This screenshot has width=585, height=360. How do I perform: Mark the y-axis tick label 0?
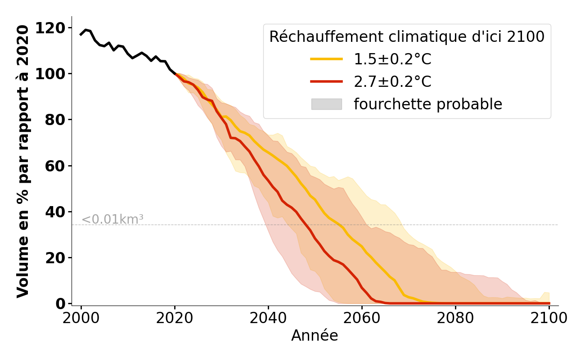coord(60,304)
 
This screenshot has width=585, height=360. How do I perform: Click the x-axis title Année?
coord(315,336)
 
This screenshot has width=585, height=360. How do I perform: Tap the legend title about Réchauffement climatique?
coord(407,37)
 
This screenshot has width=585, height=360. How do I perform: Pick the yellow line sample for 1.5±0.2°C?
coord(326,59)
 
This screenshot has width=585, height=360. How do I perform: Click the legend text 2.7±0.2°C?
coord(392,82)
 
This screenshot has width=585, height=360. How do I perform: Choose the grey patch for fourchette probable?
coord(326,104)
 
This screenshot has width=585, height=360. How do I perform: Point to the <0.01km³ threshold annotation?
coord(112,220)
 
